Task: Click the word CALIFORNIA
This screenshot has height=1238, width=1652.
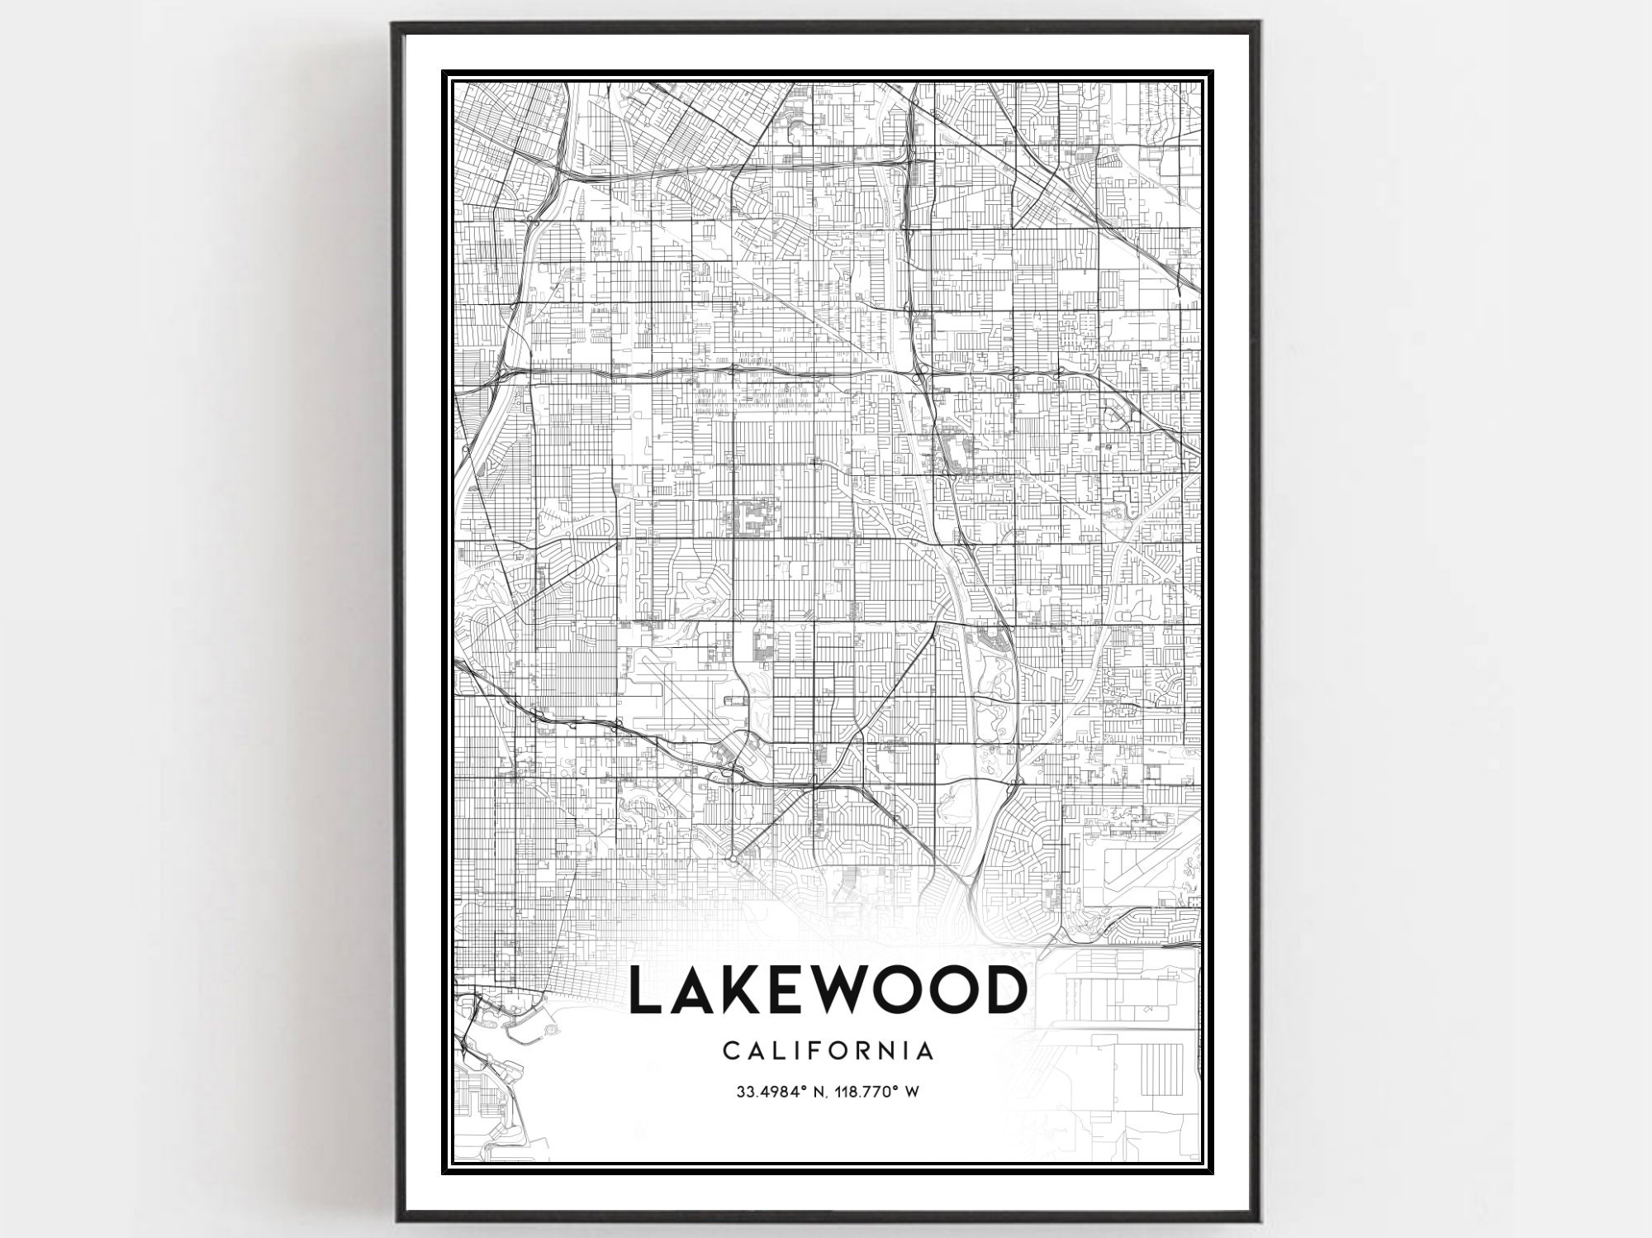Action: pyautogui.click(x=828, y=1051)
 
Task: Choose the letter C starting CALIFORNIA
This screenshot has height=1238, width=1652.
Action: pyautogui.click(x=730, y=1051)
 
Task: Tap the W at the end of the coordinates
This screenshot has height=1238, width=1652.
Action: pyautogui.click(x=913, y=1092)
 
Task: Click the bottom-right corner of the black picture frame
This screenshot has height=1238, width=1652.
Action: pyautogui.click(x=1260, y=1221)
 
